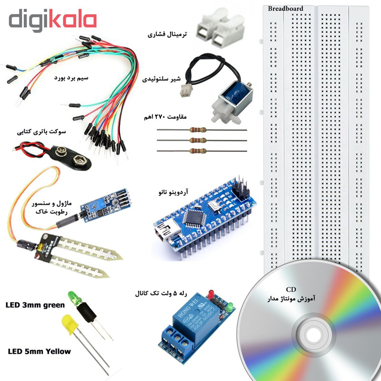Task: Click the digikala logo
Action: [x=52, y=21]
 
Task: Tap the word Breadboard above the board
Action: [x=285, y=9]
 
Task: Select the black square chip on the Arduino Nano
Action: [x=193, y=218]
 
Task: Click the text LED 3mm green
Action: [x=34, y=305]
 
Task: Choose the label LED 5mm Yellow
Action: [x=40, y=351]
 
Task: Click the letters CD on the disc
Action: [x=291, y=289]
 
